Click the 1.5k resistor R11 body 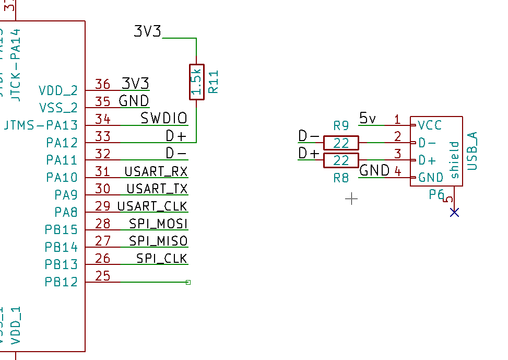(196, 82)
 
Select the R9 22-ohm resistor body (341, 143)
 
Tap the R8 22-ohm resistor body (341, 160)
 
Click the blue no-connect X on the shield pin (454, 212)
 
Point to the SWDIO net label (163, 119)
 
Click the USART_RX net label (156, 171)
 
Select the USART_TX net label (157, 189)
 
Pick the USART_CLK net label (152, 206)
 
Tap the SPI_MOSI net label (158, 224)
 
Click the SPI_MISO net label (158, 241)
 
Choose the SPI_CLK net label (161, 258)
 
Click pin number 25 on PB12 (103, 275)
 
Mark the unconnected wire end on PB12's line (188, 282)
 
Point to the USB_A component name (472, 150)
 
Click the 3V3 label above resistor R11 (147, 31)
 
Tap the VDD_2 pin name (58, 90)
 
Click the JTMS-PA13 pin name (40, 125)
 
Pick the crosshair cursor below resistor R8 (352, 199)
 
